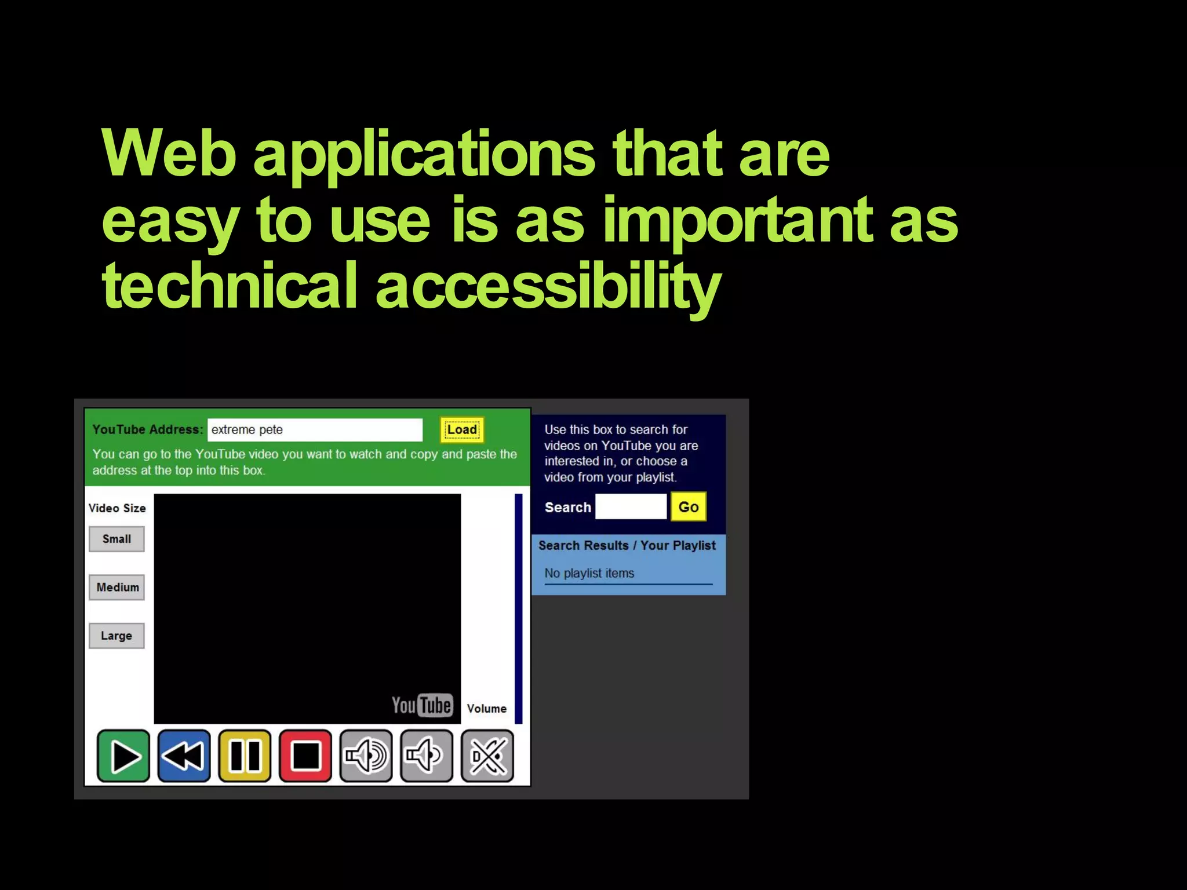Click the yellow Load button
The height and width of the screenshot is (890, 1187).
tap(461, 430)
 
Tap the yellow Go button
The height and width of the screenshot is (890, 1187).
tap(688, 507)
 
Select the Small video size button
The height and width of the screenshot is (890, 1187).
tap(116, 539)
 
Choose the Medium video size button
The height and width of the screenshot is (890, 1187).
tap(117, 588)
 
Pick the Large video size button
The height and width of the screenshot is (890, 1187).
tap(116, 636)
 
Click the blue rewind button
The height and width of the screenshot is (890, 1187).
tap(184, 756)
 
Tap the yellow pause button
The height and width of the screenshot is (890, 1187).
tap(245, 756)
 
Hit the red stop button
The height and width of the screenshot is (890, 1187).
tap(305, 756)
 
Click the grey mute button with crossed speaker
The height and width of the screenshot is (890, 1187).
tap(487, 756)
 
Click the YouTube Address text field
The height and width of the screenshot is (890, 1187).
tap(315, 430)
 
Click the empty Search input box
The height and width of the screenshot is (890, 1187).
tap(631, 507)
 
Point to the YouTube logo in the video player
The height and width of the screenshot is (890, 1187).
tap(421, 705)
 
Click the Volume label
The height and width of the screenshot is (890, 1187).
tap(487, 709)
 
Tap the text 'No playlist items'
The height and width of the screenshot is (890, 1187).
tap(589, 573)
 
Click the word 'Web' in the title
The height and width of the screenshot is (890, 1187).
tap(169, 154)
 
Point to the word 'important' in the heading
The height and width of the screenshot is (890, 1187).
tap(738, 220)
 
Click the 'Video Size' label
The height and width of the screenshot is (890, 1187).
tap(117, 508)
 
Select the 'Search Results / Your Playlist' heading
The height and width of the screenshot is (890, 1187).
tap(627, 545)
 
